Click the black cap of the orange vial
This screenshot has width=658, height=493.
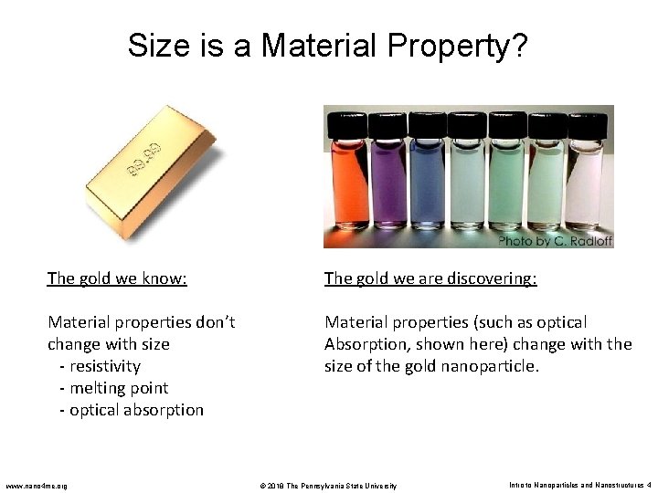351,122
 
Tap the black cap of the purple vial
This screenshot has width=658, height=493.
389,122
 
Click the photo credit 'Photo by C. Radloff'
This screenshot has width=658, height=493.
556,241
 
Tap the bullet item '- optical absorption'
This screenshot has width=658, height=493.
131,410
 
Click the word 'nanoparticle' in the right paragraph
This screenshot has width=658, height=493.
497,366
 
